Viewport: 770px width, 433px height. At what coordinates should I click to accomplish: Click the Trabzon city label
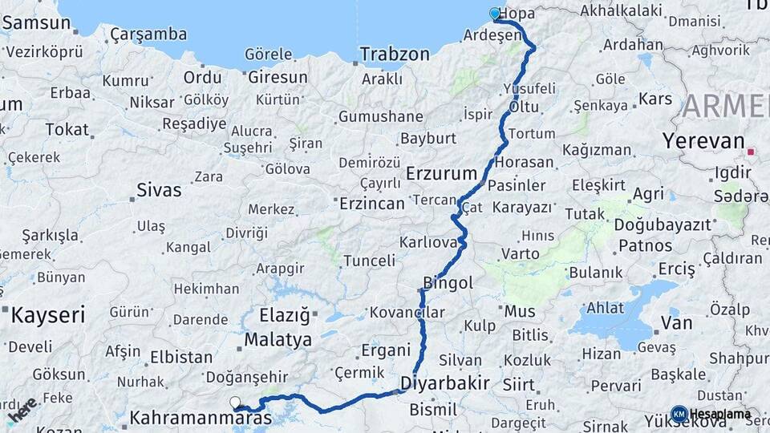395,55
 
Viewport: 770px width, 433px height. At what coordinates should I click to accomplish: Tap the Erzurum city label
441,172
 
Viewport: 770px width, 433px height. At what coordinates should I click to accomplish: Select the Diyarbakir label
444,382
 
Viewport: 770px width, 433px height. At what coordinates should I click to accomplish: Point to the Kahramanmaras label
201,418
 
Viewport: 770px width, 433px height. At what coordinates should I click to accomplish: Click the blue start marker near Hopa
495,13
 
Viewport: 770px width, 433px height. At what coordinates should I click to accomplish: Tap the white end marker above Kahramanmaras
234,403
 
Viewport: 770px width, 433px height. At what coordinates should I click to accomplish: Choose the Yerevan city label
703,141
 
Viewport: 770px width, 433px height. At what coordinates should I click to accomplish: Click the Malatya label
278,340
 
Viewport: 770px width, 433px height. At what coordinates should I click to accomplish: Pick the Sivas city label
159,191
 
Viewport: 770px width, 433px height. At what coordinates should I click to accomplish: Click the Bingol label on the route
448,283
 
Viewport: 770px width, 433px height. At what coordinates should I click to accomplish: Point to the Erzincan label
371,204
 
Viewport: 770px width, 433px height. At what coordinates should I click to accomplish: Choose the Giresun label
278,78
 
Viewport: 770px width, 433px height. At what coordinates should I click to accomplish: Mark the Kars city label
654,99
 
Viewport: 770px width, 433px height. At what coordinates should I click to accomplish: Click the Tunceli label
369,261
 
